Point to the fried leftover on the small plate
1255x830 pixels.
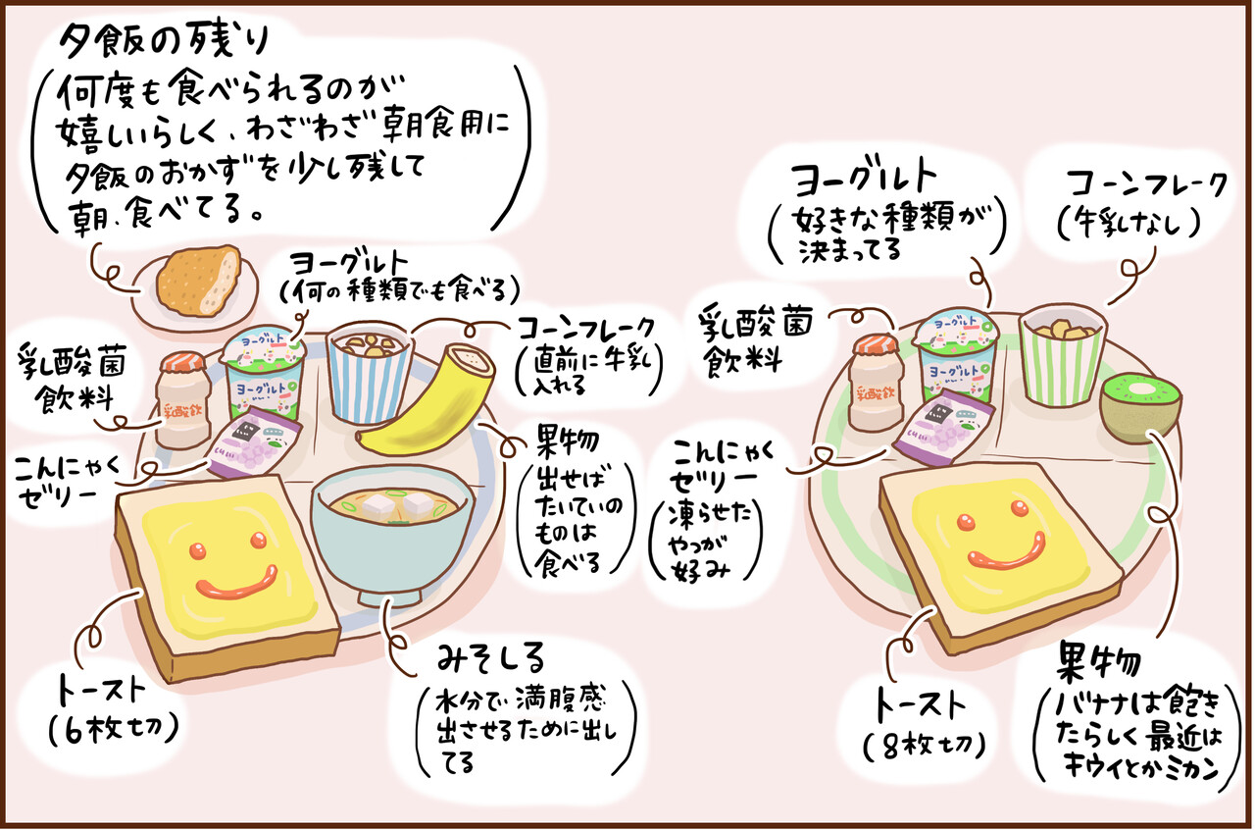pos(198,281)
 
